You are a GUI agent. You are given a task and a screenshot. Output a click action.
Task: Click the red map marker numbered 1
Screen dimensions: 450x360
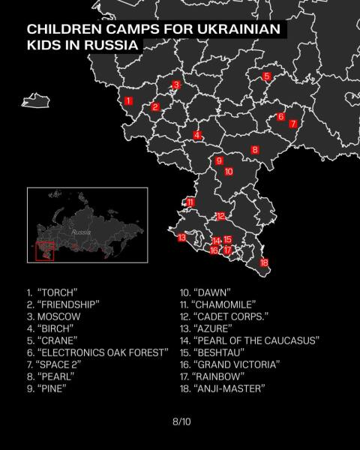(128, 100)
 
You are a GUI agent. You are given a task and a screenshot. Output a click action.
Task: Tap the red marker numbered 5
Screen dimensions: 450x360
(267, 76)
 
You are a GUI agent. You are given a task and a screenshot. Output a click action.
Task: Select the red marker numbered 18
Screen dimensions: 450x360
(263, 262)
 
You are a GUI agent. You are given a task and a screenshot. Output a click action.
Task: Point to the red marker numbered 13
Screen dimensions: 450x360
(181, 238)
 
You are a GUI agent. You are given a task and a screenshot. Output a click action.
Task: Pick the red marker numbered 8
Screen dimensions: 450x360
(255, 150)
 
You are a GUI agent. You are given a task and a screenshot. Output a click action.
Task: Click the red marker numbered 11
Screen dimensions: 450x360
(190, 202)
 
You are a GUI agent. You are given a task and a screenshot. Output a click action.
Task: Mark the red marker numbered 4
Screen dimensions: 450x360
(197, 135)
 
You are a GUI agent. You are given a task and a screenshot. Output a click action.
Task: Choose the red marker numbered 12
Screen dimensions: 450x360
(220, 216)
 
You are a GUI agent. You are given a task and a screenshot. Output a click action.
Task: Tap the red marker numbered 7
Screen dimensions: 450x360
(293, 124)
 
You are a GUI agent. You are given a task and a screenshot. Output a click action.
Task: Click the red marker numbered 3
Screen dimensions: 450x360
(176, 85)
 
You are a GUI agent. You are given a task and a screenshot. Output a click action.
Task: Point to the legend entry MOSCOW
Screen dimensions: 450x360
(58, 316)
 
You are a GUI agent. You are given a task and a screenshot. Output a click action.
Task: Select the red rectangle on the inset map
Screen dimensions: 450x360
(45, 250)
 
